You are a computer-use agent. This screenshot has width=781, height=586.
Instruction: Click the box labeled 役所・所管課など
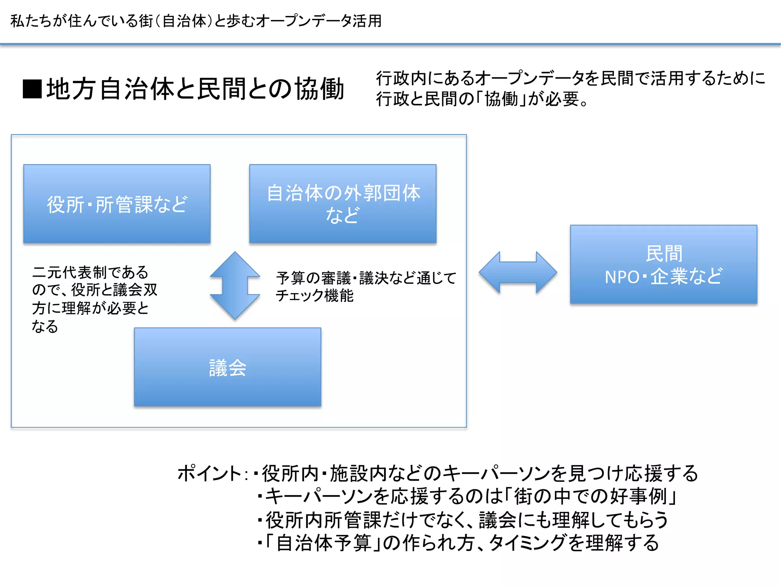[117, 204]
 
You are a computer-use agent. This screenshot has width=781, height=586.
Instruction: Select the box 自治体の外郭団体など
[342, 204]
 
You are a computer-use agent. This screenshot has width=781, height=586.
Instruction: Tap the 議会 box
[227, 367]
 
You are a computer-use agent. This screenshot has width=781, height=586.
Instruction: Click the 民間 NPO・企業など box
[663, 264]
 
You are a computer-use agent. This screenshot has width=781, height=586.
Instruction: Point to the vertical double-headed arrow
[235, 285]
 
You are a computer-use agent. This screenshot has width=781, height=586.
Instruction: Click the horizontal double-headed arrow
[517, 272]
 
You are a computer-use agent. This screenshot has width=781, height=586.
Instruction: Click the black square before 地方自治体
[32, 89]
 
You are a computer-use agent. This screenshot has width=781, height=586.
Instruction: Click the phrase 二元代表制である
[90, 272]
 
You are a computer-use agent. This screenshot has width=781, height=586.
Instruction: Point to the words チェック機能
[315, 296]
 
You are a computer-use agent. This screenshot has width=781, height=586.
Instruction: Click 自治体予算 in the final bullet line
[324, 543]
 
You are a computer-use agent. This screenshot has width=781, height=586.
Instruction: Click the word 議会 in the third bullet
[498, 520]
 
